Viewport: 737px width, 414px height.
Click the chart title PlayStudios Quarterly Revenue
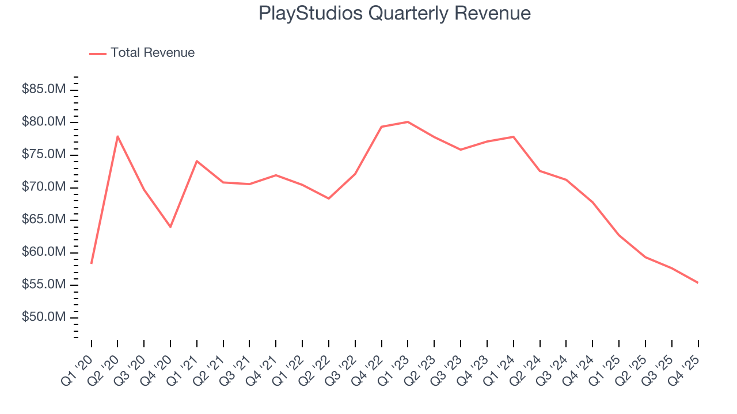[394, 13]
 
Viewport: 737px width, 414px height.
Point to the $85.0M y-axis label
[44, 90]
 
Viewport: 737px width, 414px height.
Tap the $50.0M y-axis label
[44, 317]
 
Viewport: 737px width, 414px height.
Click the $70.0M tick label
[44, 187]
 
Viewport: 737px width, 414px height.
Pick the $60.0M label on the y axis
[44, 252]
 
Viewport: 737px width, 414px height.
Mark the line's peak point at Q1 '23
[408, 122]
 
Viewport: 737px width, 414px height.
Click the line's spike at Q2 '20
[117, 136]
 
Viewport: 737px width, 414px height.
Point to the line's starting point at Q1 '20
[92, 263]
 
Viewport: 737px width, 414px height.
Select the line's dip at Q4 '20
[170, 227]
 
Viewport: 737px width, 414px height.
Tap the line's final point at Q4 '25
[698, 282]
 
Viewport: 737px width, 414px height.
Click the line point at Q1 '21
[197, 161]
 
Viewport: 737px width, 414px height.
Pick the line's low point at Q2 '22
[328, 198]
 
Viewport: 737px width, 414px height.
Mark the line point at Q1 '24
[513, 137]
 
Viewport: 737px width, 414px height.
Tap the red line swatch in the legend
[98, 53]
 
